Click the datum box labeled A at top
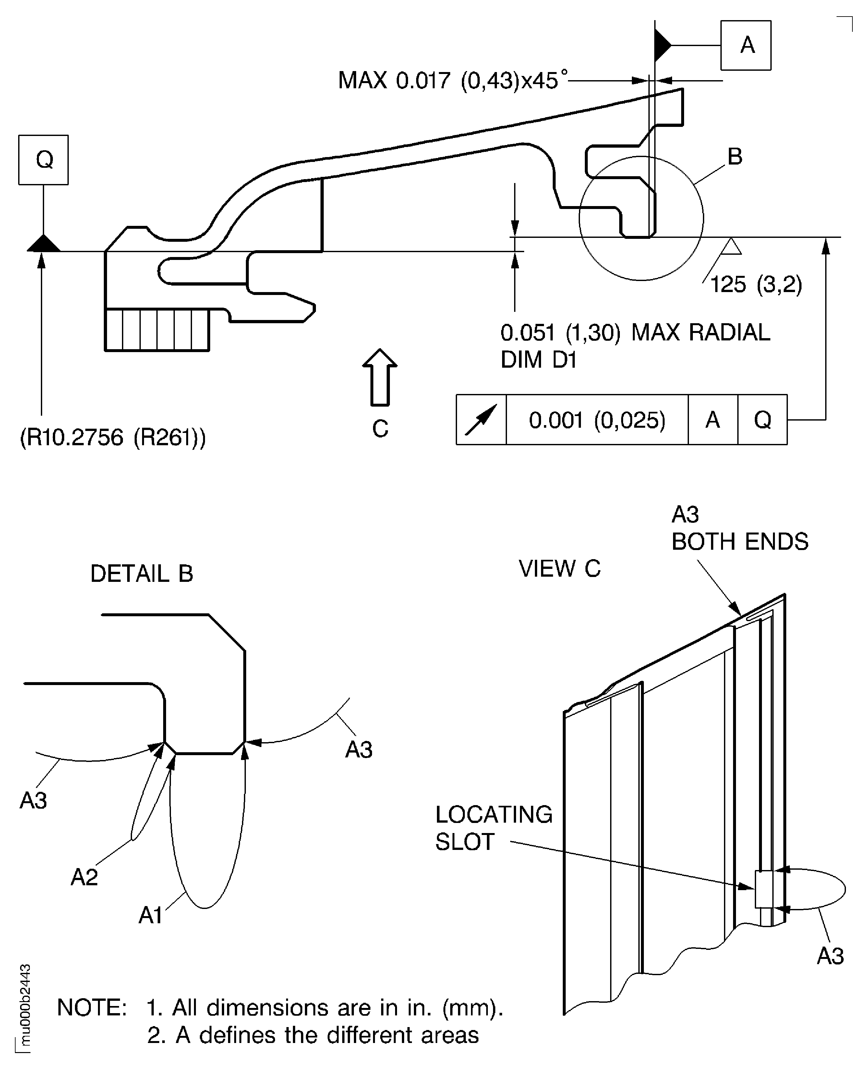click(745, 45)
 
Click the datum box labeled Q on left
click(43, 160)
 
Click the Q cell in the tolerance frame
click(762, 420)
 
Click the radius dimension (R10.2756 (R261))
click(113, 437)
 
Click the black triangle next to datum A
click(662, 45)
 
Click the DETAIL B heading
click(141, 574)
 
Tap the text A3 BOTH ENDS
click(739, 528)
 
